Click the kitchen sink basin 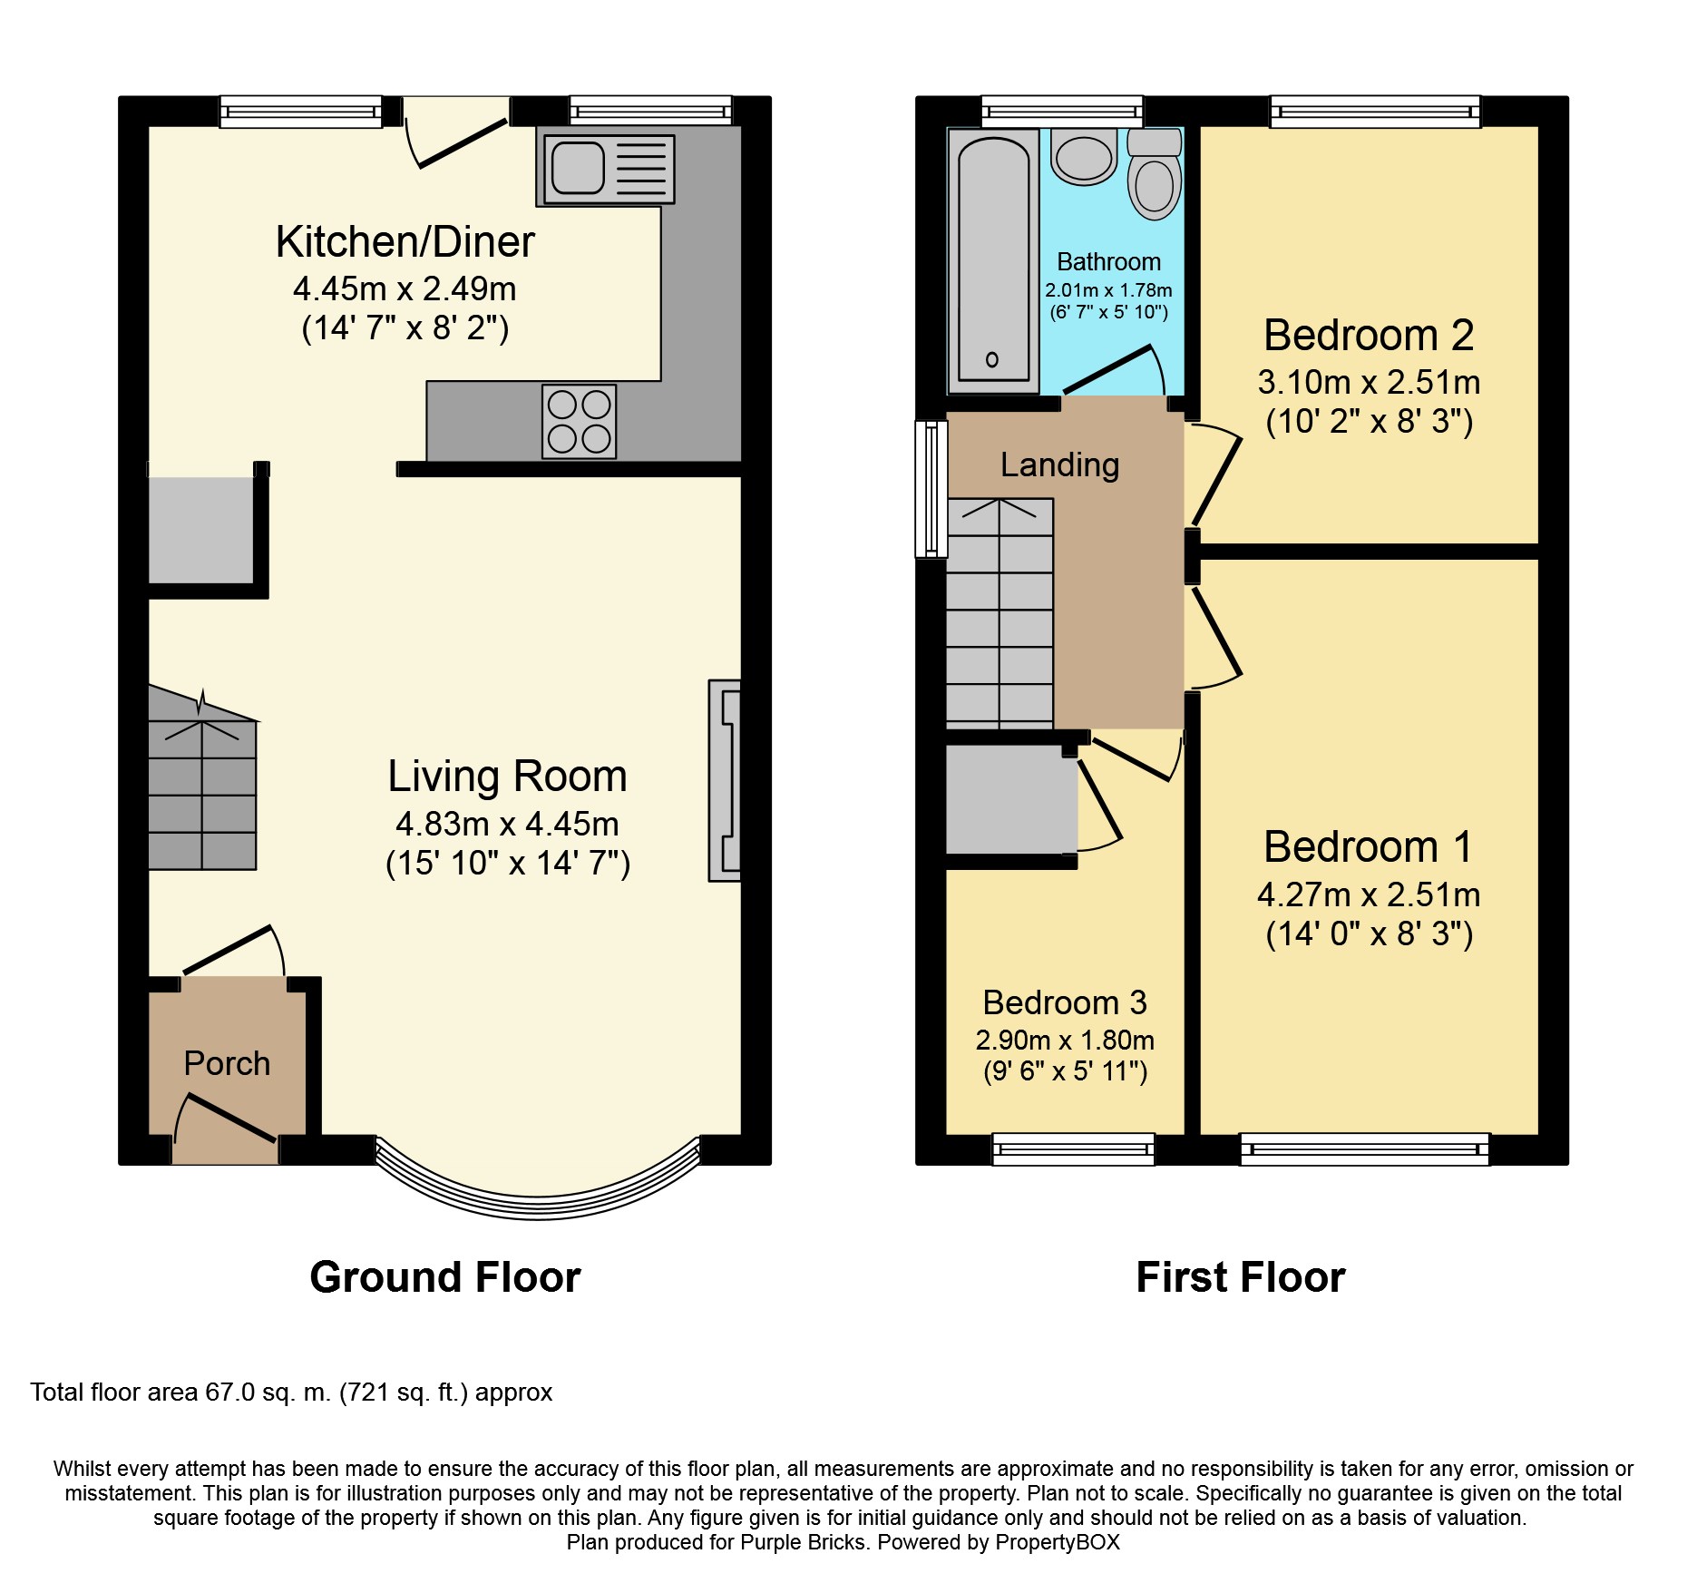[578, 168]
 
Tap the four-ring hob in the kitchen [579, 421]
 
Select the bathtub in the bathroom [994, 260]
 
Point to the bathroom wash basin [1084, 156]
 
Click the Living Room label [507, 777]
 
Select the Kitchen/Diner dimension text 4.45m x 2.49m [405, 288]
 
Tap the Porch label [227, 1063]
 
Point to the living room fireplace [725, 780]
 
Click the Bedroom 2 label [1368, 336]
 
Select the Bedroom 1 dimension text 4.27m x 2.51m [1368, 894]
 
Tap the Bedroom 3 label [1064, 1002]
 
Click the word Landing [1059, 464]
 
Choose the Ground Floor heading [444, 1277]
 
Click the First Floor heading [1240, 1277]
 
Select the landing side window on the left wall [931, 488]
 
